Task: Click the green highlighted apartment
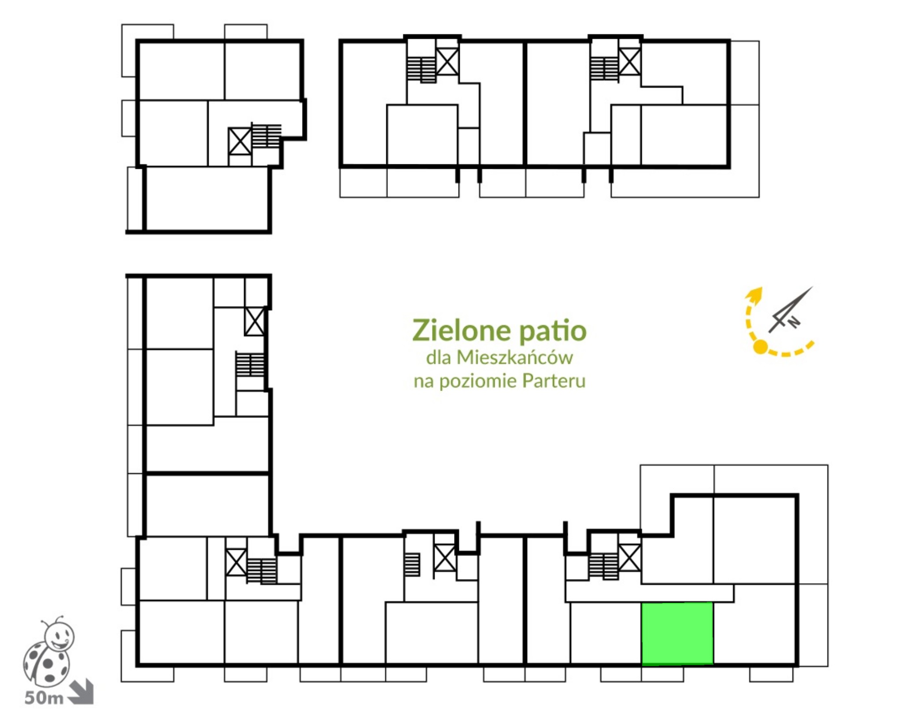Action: click(x=677, y=633)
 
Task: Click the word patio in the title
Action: click(x=553, y=332)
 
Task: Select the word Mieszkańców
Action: click(x=514, y=357)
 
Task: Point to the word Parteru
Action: click(x=554, y=381)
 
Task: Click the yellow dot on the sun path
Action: click(x=760, y=347)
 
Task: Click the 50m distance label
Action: click(x=44, y=698)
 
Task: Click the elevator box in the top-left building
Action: click(x=240, y=141)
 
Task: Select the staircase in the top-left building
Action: click(x=266, y=136)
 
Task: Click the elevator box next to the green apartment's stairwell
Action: click(x=630, y=558)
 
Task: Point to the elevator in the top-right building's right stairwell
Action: click(x=630, y=62)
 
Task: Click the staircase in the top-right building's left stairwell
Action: click(x=421, y=70)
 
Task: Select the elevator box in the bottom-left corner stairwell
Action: click(x=236, y=562)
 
